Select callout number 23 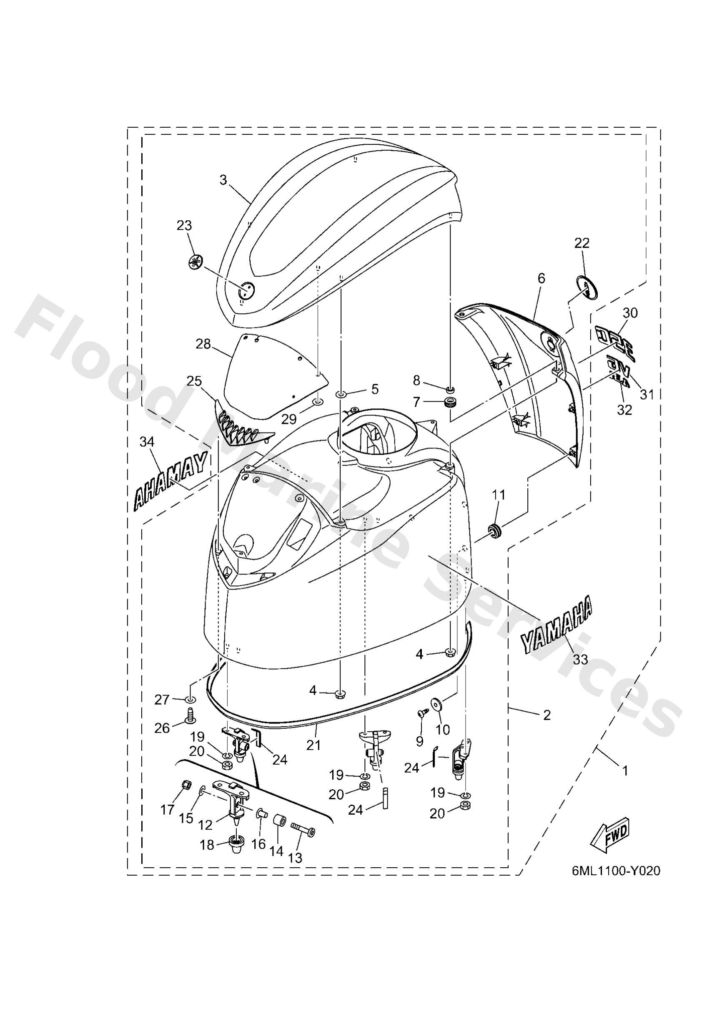pos(184,225)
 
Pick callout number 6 pos(540,278)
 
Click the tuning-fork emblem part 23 pos(195,262)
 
